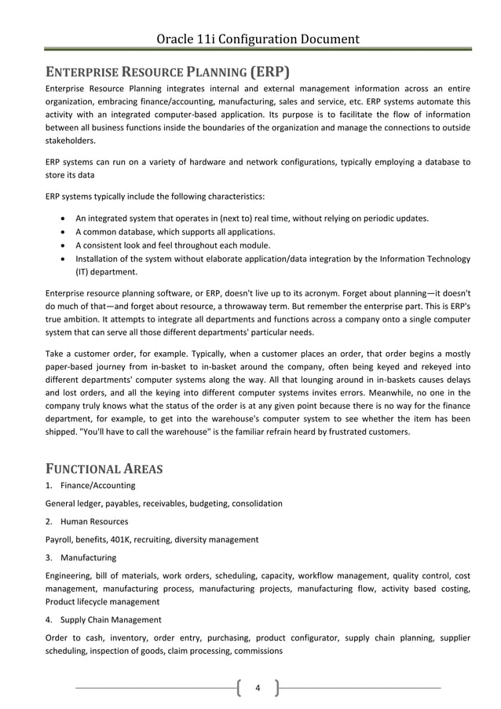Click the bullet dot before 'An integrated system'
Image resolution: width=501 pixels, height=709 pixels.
click(62, 219)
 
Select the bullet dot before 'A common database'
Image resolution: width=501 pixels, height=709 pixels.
click(62, 232)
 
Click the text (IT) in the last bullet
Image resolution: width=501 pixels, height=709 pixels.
click(83, 272)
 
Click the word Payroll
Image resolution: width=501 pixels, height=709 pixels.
click(59, 539)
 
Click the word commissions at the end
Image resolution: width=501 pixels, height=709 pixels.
click(255, 651)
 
